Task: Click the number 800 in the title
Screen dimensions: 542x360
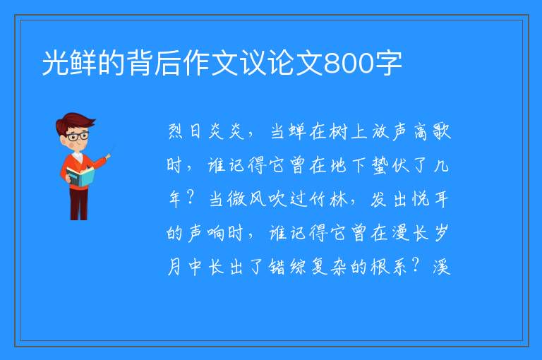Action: tap(349, 64)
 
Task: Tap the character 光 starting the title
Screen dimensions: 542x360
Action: tap(55, 63)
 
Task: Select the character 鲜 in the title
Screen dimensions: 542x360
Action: tap(83, 63)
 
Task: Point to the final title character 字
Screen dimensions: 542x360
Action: tap(389, 63)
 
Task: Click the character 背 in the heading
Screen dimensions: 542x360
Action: tap(140, 63)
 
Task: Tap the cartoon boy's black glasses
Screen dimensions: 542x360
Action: tap(78, 136)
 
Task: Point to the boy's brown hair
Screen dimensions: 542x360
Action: tap(76, 122)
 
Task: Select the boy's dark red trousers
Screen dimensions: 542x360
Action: tap(79, 204)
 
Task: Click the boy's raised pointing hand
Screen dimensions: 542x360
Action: tap(108, 157)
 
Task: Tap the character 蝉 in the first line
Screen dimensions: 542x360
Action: tap(297, 131)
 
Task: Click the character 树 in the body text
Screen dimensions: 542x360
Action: tap(339, 131)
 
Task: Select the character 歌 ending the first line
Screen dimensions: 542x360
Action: tap(441, 131)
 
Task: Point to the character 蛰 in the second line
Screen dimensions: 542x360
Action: tap(380, 165)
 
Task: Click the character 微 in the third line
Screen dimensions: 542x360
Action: tap(236, 199)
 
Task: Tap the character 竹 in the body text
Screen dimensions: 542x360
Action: tap(318, 199)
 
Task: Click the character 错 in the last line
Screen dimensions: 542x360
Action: tap(277, 267)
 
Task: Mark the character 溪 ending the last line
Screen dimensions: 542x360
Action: tap(441, 267)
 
